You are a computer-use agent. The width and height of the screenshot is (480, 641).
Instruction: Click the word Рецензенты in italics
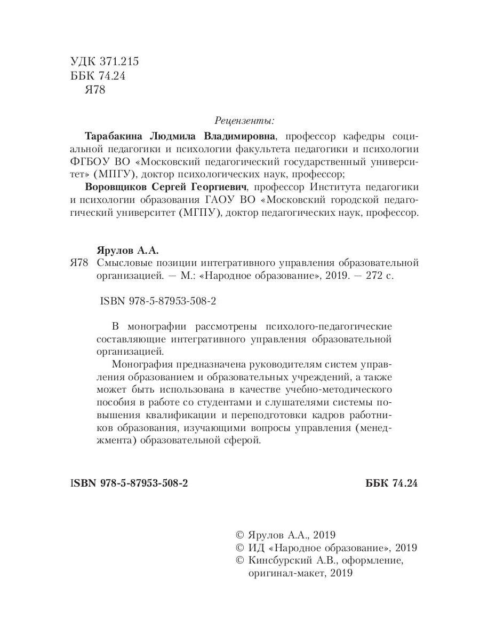pyautogui.click(x=245, y=120)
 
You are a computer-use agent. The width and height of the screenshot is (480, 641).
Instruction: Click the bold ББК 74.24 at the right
pyautogui.click(x=391, y=483)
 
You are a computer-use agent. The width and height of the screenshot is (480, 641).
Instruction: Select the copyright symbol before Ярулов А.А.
pyautogui.click(x=239, y=535)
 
